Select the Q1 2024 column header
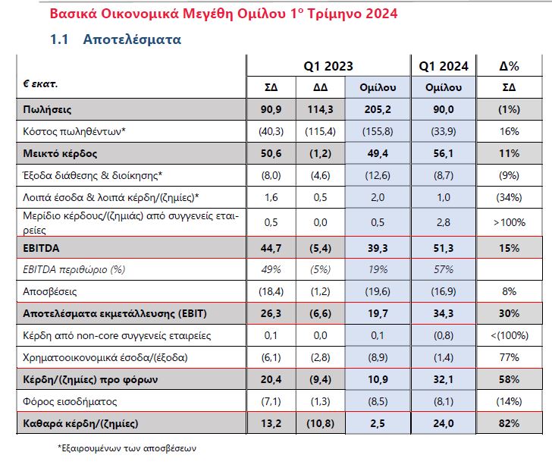point(444,66)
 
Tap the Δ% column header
point(510,66)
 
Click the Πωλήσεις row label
point(50,109)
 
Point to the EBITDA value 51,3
point(444,247)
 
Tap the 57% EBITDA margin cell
point(444,269)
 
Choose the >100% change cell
point(509,223)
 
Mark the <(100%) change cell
point(509,335)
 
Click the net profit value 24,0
point(444,422)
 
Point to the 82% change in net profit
point(509,422)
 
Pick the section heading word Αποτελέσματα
point(132,39)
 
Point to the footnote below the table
point(127,448)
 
